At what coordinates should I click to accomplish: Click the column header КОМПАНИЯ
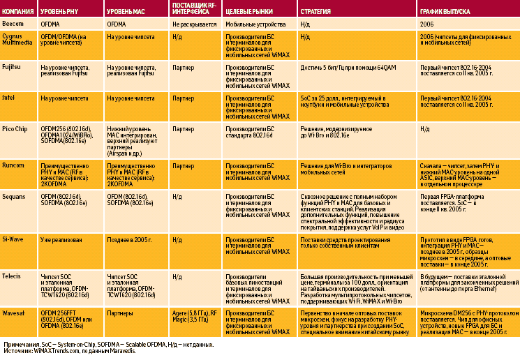19,13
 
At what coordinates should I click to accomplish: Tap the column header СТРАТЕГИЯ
316,13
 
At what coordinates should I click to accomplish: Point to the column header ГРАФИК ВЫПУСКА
445,13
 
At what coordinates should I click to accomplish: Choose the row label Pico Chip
15,129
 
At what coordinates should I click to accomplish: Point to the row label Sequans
15,197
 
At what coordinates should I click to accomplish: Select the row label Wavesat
15,313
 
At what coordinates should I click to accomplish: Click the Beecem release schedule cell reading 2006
426,23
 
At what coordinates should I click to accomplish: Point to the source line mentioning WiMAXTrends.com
69,351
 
